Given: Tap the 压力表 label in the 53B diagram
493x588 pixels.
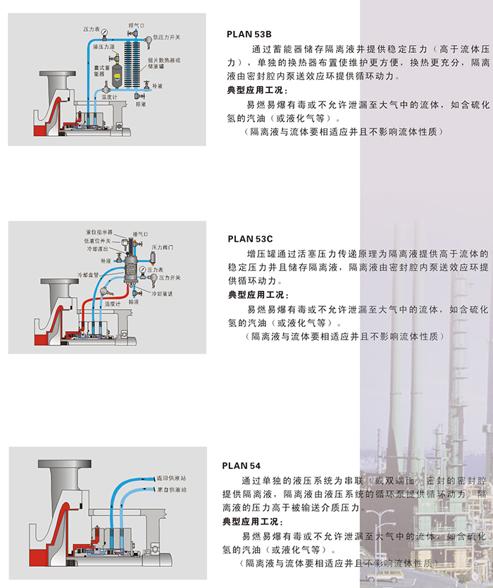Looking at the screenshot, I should [93, 30].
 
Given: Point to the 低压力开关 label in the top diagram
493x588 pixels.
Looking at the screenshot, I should [166, 37].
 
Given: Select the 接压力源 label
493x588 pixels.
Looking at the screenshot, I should [104, 47].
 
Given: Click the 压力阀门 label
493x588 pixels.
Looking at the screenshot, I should [163, 248].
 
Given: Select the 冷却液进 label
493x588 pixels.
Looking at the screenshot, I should [162, 293].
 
